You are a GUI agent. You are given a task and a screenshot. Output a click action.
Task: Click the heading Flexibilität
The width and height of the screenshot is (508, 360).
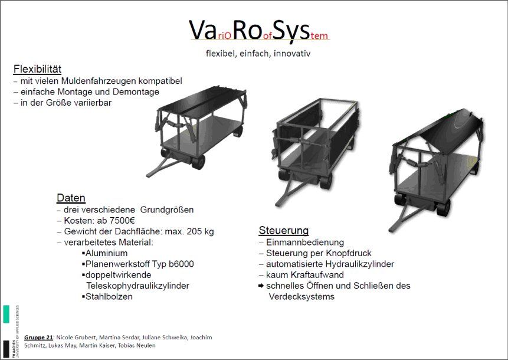tap(37, 69)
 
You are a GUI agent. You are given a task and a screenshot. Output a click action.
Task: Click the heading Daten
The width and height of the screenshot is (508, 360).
tap(71, 198)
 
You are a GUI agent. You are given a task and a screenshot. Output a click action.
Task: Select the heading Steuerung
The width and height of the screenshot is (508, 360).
tap(283, 230)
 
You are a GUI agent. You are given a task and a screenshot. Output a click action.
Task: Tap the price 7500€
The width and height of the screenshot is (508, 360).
tap(122, 221)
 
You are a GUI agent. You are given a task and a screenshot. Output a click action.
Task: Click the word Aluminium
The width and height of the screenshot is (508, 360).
tap(107, 253)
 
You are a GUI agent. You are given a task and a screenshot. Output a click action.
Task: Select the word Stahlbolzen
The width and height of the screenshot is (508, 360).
tap(109, 296)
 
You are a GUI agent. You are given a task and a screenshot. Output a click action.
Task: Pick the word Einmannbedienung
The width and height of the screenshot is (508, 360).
tap(305, 243)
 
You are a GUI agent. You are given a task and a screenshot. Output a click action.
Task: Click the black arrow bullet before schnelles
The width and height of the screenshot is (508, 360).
tap(261, 286)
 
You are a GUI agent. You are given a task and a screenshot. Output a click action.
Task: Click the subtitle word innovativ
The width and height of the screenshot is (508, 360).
tap(292, 54)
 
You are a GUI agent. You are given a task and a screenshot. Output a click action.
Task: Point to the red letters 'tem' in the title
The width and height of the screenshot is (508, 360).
tap(319, 35)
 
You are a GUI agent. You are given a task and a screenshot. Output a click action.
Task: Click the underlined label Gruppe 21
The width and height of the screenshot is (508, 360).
tap(38, 338)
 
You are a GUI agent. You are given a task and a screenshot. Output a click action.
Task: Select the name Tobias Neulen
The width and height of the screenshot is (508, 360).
tap(136, 345)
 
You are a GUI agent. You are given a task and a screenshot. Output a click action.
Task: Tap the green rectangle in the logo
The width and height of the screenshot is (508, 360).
tap(6, 314)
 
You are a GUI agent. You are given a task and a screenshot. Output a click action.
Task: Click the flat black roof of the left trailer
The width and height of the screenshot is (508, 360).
tap(202, 103)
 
